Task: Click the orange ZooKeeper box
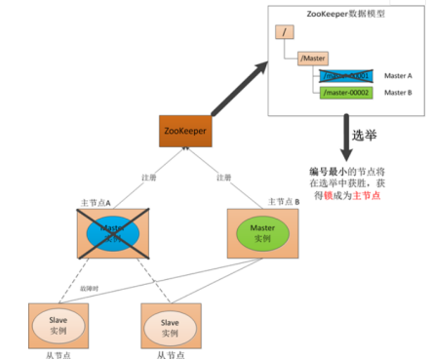[x=185, y=131]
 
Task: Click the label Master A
[x=398, y=75]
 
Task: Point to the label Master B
[x=398, y=93]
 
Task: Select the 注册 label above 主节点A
[x=147, y=178]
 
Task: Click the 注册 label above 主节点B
[x=223, y=178]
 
